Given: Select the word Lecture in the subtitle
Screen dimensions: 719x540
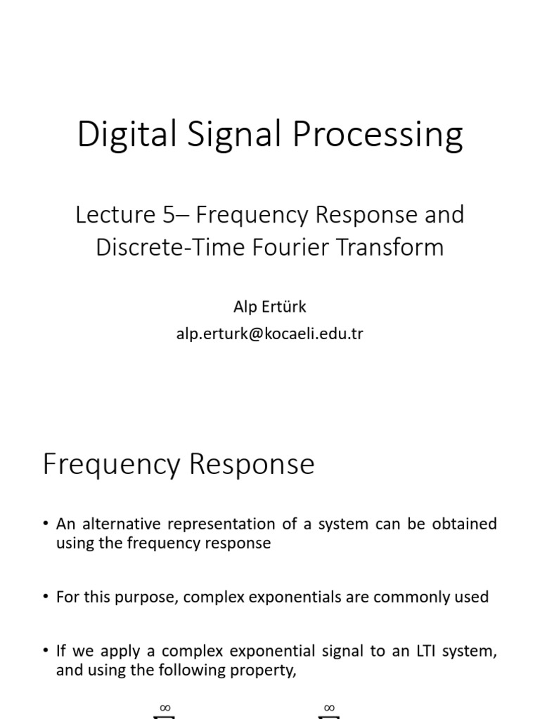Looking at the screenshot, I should [x=110, y=215].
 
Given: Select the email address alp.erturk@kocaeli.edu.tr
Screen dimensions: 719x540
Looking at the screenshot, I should [x=270, y=334].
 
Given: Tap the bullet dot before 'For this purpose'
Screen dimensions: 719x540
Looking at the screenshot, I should [x=45, y=597].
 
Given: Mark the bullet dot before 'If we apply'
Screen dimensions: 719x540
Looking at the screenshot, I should [x=45, y=651].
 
